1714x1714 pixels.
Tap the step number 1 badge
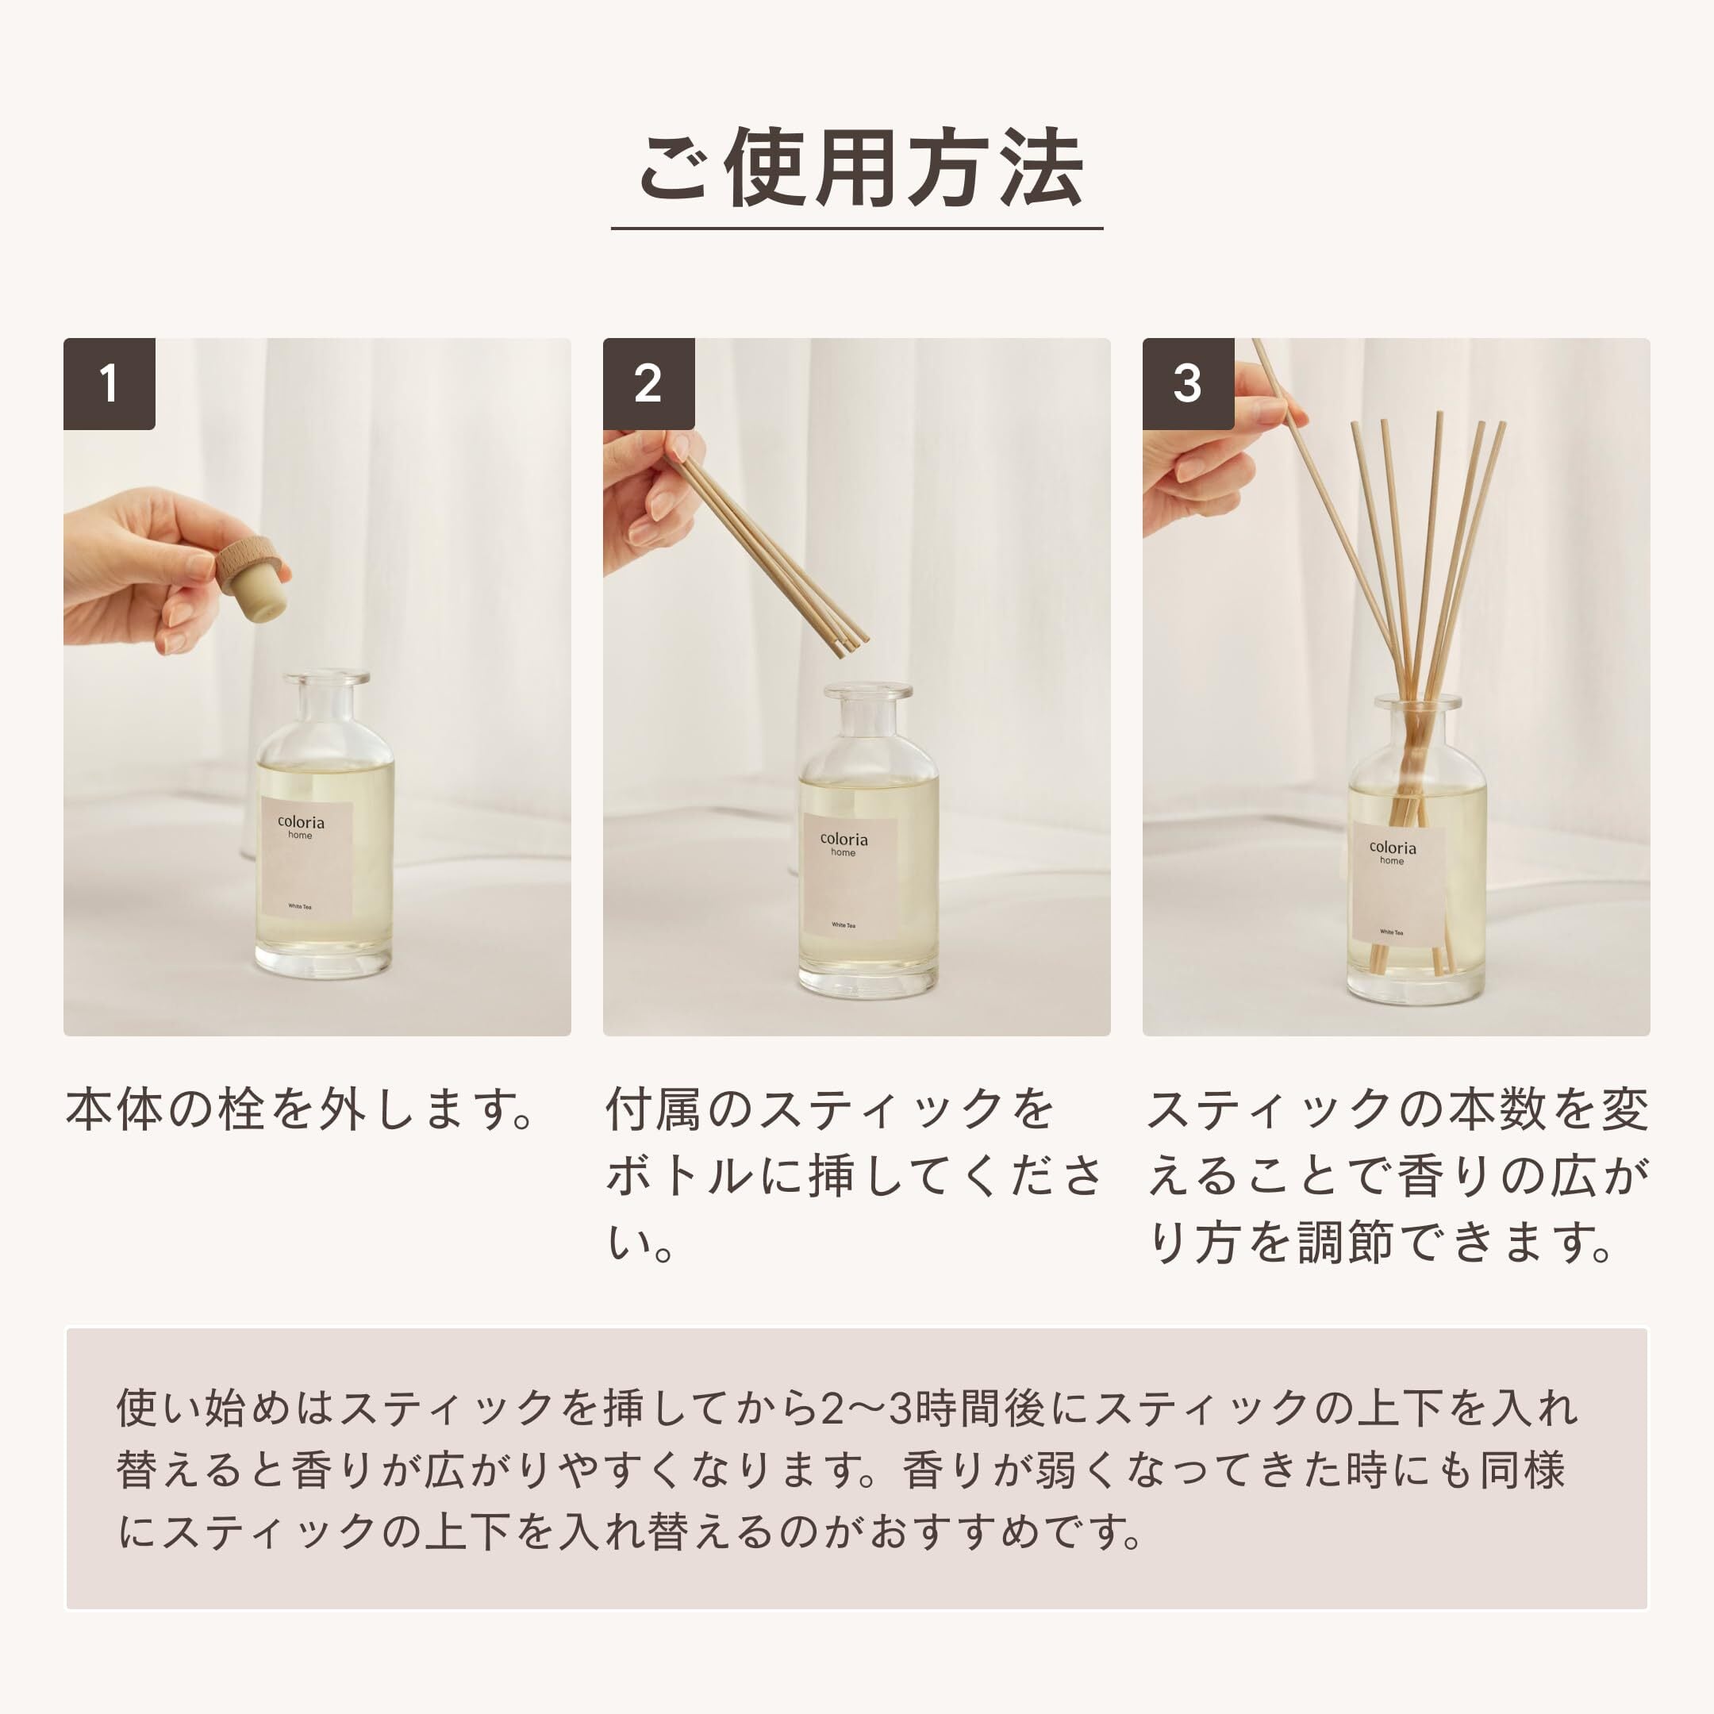[x=110, y=383]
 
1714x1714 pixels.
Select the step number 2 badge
[x=648, y=383]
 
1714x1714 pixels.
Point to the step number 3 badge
[x=1188, y=383]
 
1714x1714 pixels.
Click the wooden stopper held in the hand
[x=254, y=566]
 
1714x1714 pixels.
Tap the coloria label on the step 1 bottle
[x=307, y=859]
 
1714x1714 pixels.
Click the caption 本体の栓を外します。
[x=300, y=1110]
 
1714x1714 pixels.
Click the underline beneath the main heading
[x=857, y=229]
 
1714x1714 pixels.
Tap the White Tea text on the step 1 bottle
[x=300, y=907]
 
